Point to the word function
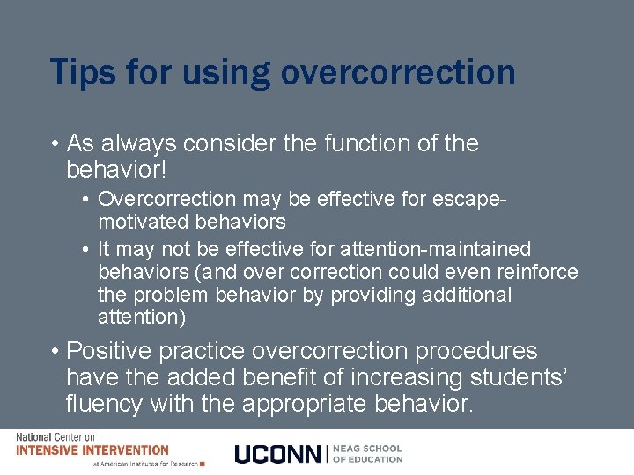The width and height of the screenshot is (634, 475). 361,143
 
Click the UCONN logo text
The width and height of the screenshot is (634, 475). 278,454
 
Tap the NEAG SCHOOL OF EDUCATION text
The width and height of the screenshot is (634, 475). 368,454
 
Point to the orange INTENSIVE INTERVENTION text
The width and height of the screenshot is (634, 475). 92,449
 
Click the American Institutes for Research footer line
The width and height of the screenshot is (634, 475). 145,464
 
